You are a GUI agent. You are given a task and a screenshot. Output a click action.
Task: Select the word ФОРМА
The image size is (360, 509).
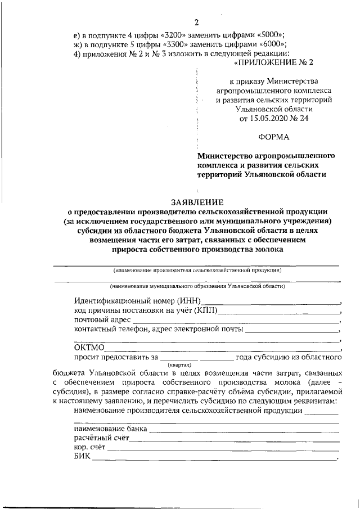pyautogui.click(x=274, y=137)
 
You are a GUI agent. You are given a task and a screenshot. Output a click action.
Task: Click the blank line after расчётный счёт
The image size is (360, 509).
pyautogui.click(x=234, y=439)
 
